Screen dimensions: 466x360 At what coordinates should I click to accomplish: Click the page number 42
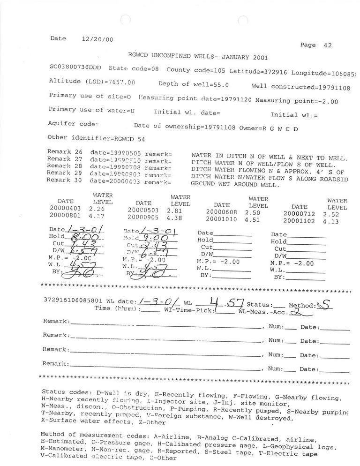pyautogui.click(x=327, y=45)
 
